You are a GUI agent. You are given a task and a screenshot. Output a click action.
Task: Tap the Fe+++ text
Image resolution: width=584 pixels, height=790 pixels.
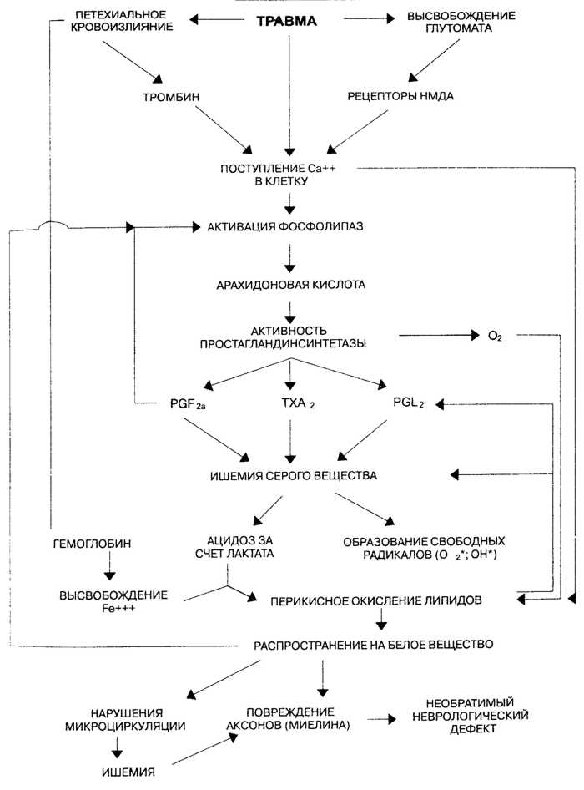pos(113,607)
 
